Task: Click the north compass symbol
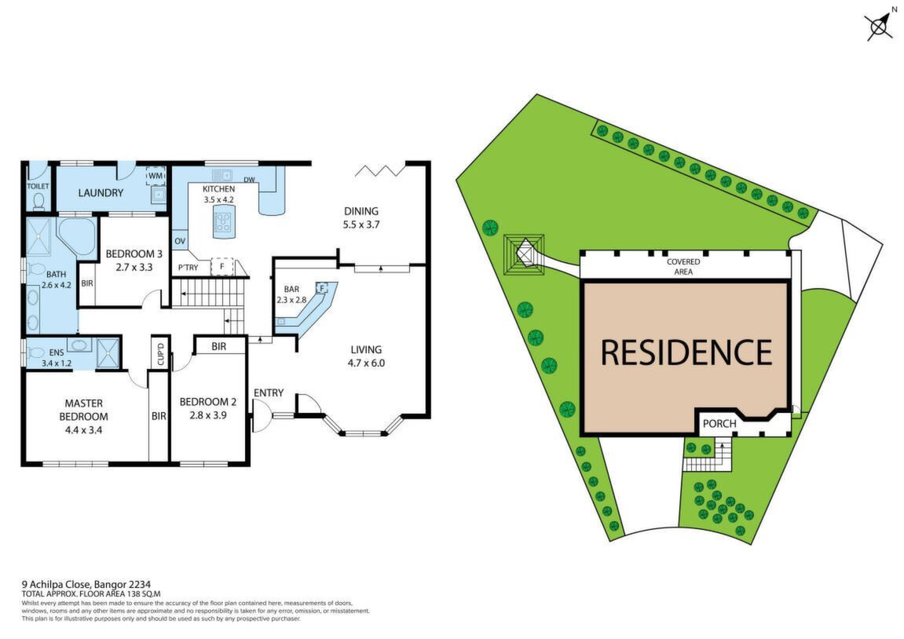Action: click(x=879, y=25)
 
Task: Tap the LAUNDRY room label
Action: click(x=101, y=193)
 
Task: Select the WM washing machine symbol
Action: click(x=156, y=175)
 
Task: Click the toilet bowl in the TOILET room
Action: click(x=38, y=201)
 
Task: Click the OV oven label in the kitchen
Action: click(x=180, y=241)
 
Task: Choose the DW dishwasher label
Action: click(x=249, y=180)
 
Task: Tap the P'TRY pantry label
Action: click(x=188, y=268)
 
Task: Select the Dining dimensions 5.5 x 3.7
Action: click(x=361, y=225)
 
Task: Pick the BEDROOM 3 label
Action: click(x=134, y=254)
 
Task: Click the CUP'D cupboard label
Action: click(x=161, y=354)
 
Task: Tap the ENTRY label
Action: click(x=269, y=393)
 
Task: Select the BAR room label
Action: click(x=291, y=289)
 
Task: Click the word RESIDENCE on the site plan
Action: click(x=686, y=352)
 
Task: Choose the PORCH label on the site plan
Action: click(x=719, y=423)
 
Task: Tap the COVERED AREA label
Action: click(x=684, y=267)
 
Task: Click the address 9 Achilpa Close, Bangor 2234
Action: click(x=86, y=585)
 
